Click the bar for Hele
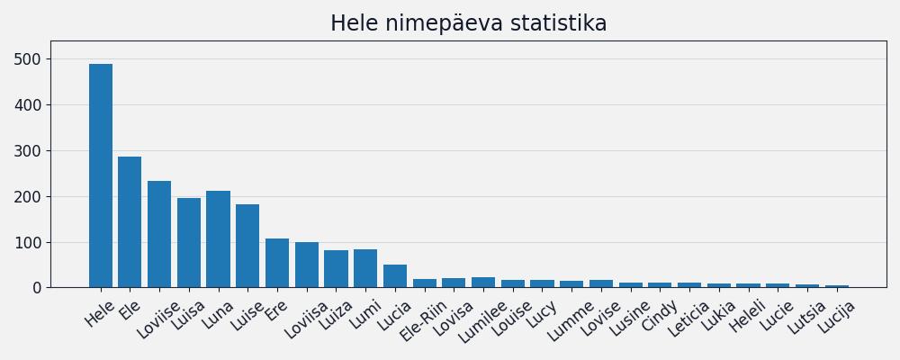[x=101, y=175]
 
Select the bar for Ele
[x=130, y=222]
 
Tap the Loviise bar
[x=159, y=234]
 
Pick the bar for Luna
[x=218, y=239]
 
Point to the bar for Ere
[x=277, y=263]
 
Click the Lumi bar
[x=365, y=268]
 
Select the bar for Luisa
[x=189, y=243]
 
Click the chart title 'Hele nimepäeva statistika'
[x=468, y=23]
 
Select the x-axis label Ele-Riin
[x=424, y=319]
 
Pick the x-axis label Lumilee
[x=482, y=321]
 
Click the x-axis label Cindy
[x=660, y=314]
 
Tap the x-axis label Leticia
[x=688, y=319]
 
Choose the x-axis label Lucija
[x=836, y=317]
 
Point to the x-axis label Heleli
[x=747, y=316]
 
